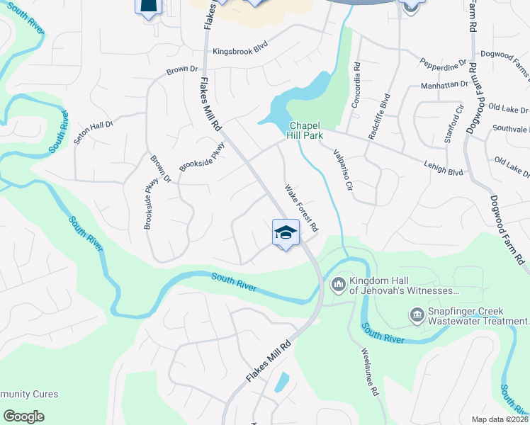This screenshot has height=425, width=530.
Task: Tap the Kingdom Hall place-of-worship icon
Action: click(x=338, y=285)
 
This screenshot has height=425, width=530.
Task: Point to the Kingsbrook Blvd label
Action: click(x=242, y=52)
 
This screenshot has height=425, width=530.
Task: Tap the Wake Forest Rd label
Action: click(x=301, y=209)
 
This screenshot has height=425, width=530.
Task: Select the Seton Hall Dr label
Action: click(x=94, y=132)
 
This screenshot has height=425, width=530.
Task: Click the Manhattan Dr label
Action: click(x=444, y=84)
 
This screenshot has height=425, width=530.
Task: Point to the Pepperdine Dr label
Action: click(x=443, y=63)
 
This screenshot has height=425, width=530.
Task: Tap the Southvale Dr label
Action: click(x=511, y=129)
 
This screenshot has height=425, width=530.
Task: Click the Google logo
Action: click(x=23, y=416)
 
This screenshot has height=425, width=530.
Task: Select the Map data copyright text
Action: click(x=500, y=419)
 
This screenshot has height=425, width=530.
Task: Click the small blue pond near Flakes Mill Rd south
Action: click(x=281, y=382)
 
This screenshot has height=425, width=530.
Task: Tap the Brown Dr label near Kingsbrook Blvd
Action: click(x=181, y=69)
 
